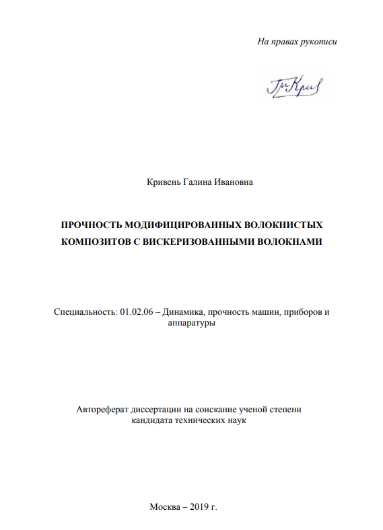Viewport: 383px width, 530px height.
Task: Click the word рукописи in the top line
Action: pyautogui.click(x=318, y=42)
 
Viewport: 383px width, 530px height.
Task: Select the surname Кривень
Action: pyautogui.click(x=163, y=182)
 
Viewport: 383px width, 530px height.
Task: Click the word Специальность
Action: pyautogui.click(x=84, y=312)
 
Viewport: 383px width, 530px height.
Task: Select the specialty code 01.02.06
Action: pyautogui.click(x=136, y=312)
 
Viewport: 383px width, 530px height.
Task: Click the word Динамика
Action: pyautogui.click(x=183, y=312)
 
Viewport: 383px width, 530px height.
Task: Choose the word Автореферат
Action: pyautogui.click(x=101, y=408)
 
